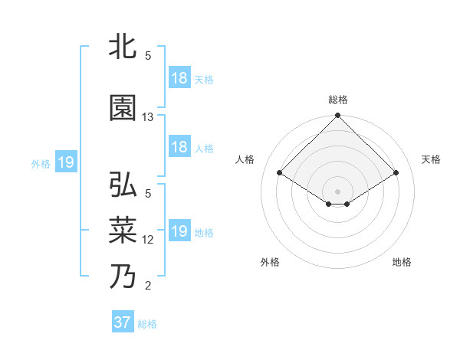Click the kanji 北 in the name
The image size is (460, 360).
click(123, 47)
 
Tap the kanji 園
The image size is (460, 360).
click(123, 109)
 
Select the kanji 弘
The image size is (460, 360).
click(123, 185)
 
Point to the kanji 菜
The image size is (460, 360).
click(123, 230)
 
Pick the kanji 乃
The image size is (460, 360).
click(123, 276)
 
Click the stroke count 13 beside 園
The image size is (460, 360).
click(148, 117)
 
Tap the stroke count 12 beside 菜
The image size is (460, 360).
click(148, 240)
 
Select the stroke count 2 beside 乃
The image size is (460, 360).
click(148, 286)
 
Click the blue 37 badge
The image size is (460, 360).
click(123, 322)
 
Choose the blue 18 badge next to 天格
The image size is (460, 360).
click(179, 78)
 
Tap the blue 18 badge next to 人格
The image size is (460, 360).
click(179, 147)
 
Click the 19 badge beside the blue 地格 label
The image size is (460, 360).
click(179, 231)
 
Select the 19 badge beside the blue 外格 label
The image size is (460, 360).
click(66, 162)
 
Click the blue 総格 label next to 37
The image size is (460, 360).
click(147, 324)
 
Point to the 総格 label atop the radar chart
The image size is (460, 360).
click(337, 100)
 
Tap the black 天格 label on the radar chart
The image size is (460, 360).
click(432, 159)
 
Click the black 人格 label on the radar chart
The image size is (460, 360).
click(245, 159)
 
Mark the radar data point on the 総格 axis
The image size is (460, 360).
click(337, 116)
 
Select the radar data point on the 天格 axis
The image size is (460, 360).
click(396, 173)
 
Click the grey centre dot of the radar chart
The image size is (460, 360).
click(337, 190)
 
